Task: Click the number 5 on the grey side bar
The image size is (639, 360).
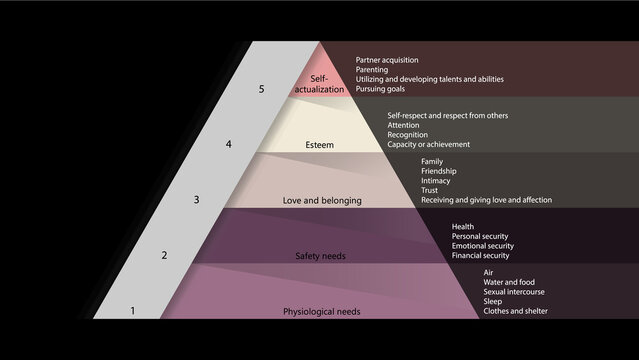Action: (x=261, y=90)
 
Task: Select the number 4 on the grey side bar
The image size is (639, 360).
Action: (x=229, y=144)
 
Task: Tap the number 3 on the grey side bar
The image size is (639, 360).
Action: (x=196, y=200)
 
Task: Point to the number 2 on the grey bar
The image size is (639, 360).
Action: (x=164, y=256)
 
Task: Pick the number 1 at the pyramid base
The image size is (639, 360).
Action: (x=132, y=311)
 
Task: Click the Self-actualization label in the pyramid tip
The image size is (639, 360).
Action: (x=319, y=84)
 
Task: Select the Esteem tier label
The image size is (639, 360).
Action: (x=320, y=145)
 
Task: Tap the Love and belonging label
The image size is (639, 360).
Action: (x=322, y=200)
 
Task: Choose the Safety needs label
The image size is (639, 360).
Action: (x=320, y=256)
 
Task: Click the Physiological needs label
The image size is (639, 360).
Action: (x=322, y=311)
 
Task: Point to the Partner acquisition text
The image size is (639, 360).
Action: (x=387, y=60)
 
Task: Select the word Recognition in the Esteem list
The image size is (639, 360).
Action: (x=407, y=135)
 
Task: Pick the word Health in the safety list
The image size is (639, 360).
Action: (x=462, y=227)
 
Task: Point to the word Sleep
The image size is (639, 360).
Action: (x=493, y=301)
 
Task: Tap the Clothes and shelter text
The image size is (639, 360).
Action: (x=516, y=310)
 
